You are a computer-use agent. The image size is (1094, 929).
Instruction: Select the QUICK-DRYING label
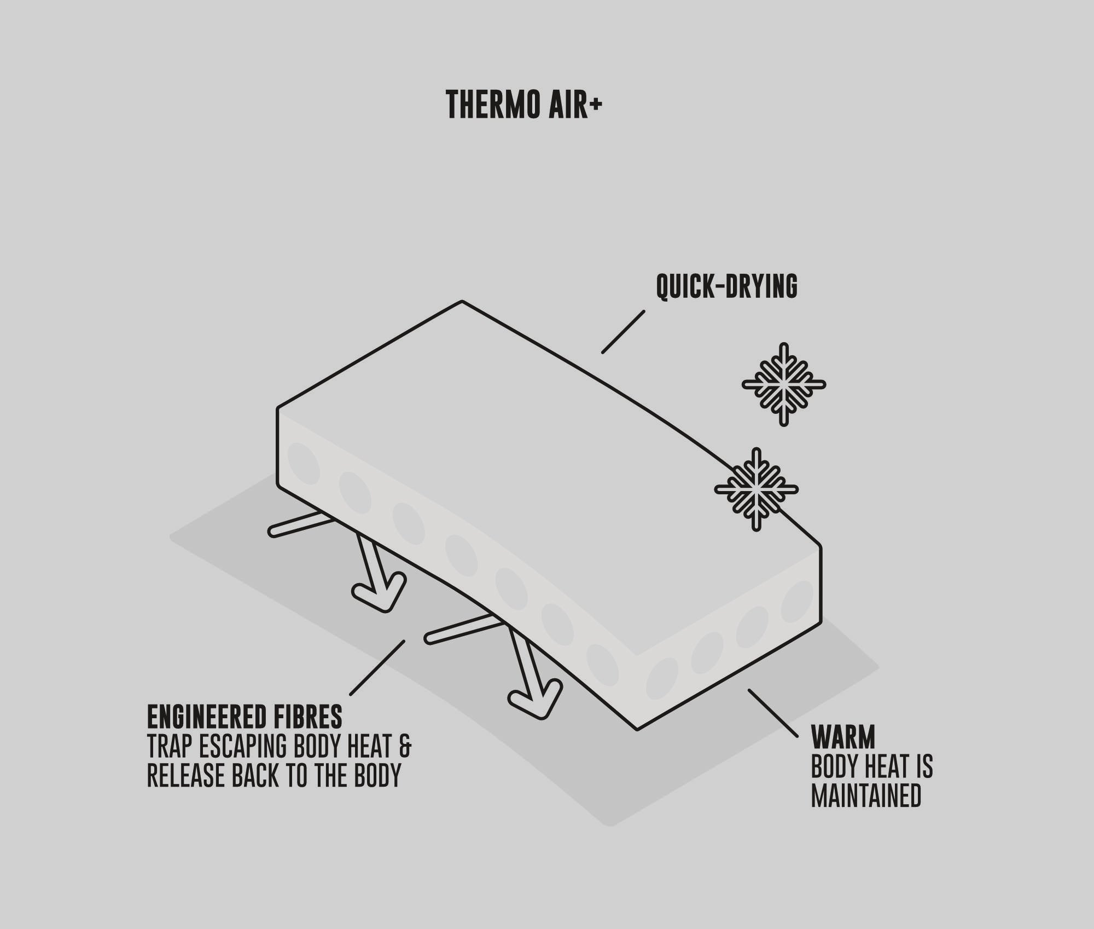726,286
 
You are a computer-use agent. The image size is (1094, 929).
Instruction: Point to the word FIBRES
314,717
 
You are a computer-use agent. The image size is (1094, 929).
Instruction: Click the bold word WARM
843,737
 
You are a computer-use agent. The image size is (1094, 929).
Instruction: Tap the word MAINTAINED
866,796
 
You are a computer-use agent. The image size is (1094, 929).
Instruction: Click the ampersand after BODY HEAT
405,746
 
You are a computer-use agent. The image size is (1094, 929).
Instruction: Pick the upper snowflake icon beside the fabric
784,384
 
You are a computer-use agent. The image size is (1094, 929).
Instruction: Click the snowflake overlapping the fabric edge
757,489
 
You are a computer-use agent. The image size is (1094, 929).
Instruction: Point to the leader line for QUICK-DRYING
623,332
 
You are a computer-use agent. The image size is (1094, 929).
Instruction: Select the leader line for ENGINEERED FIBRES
377,668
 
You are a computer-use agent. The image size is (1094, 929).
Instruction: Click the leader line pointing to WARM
773,713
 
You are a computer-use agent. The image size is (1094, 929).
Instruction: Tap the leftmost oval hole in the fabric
304,464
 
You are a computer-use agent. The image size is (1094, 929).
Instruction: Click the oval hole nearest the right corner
796,602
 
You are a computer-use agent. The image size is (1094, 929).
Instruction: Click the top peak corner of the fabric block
462,302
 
